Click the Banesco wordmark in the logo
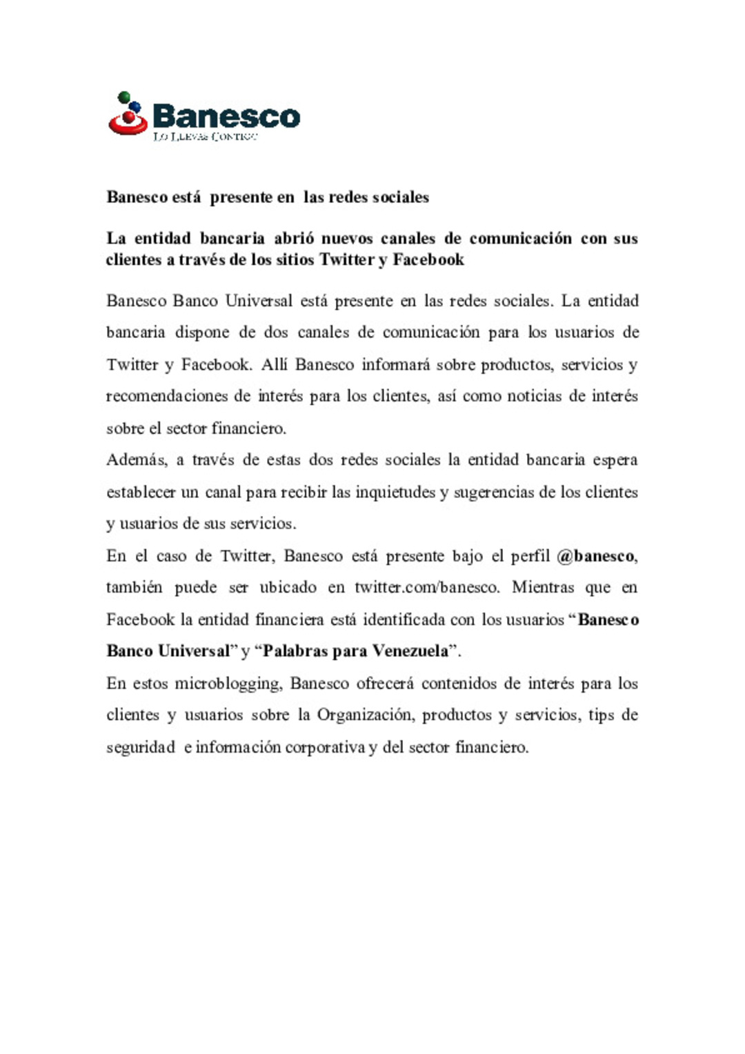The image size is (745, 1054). pos(226,116)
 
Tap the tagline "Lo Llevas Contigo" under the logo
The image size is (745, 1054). pos(205,137)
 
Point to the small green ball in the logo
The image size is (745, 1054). pos(124,97)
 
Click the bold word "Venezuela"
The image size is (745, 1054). pos(410,651)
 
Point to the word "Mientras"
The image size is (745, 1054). pos(543,588)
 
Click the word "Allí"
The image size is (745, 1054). pos(274,365)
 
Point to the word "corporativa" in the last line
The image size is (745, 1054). pos(325,748)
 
